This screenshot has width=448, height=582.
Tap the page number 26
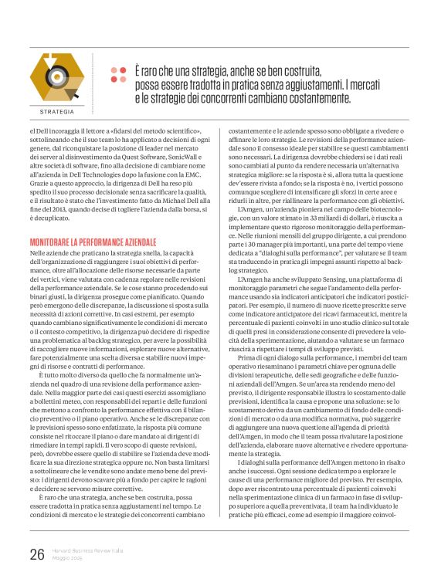click(x=36, y=553)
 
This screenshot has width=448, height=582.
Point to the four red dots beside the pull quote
click(x=118, y=74)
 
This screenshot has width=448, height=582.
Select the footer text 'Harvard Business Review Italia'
click(x=83, y=550)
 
